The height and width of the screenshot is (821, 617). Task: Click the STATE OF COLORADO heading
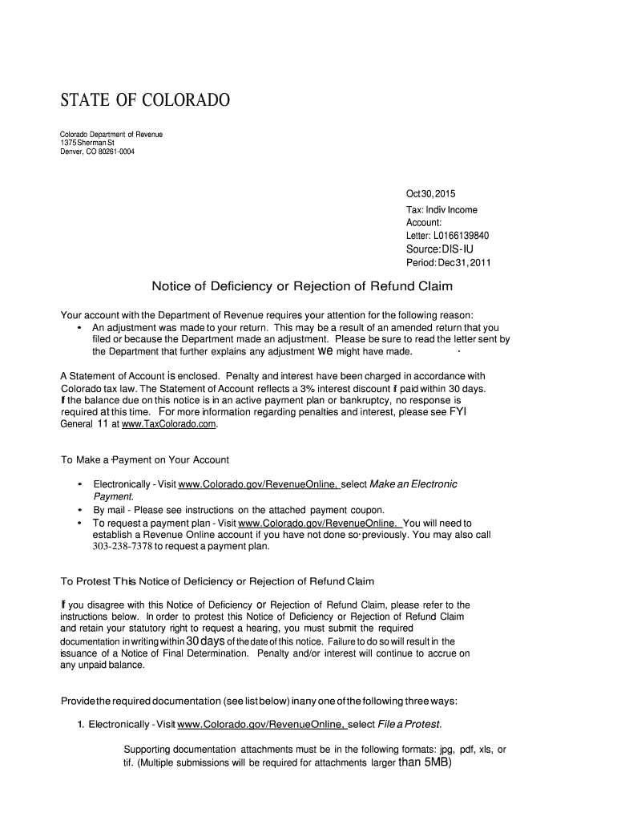[145, 101]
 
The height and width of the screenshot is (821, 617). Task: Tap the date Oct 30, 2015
[431, 194]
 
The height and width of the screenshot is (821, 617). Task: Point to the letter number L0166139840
[461, 236]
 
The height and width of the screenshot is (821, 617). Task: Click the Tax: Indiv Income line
[442, 210]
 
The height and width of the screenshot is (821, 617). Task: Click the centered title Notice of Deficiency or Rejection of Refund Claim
[303, 286]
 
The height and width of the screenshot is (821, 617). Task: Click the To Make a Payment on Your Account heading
[145, 459]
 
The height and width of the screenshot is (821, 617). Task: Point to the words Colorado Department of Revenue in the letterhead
[112, 134]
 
